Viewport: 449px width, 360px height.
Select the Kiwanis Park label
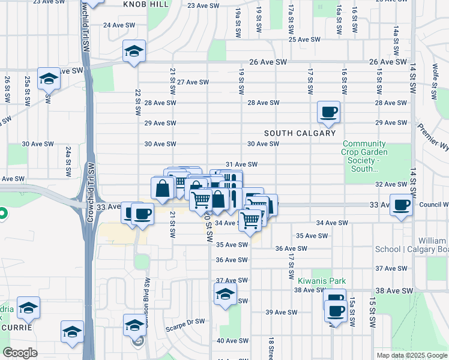(322, 280)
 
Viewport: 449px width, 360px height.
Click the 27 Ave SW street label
(193, 82)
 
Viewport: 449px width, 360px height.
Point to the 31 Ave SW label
(241, 164)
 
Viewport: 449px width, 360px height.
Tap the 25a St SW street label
(28, 89)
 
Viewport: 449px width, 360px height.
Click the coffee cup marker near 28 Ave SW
(329, 112)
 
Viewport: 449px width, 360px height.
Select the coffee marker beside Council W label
(401, 205)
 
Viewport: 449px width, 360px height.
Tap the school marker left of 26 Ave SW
(134, 52)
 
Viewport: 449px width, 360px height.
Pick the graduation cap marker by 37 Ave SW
(225, 295)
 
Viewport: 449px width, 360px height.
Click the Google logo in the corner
(20, 353)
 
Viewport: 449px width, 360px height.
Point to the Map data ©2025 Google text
(411, 355)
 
